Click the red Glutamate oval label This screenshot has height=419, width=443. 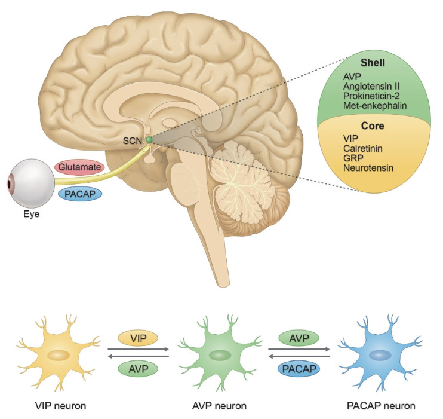tap(79, 167)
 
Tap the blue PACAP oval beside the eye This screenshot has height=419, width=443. tap(80, 194)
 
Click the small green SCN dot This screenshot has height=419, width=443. tap(149, 139)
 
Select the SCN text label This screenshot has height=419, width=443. tap(132, 140)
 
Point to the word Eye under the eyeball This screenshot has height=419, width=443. tap(32, 214)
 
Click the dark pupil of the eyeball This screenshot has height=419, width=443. tap(10, 183)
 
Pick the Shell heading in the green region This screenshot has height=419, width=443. tap(373, 63)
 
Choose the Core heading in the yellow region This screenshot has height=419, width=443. tap(373, 126)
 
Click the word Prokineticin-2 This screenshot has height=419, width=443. tap(371, 96)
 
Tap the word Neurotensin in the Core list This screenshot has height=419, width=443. tap(368, 168)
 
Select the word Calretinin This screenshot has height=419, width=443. tap(363, 148)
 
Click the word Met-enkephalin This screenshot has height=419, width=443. tap(375, 106)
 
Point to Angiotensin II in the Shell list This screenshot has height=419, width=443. tap(371, 86)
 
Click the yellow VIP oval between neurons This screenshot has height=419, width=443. tap(138, 338)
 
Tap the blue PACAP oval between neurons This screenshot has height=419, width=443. tap(299, 369)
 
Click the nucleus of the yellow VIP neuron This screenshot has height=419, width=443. tap(59, 356)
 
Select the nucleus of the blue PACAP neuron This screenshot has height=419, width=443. tap(380, 356)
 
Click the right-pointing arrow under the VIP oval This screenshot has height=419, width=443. tap(138, 350)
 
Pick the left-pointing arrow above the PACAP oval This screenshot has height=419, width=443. tap(299, 356)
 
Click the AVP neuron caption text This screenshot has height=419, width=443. tap(219, 406)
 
